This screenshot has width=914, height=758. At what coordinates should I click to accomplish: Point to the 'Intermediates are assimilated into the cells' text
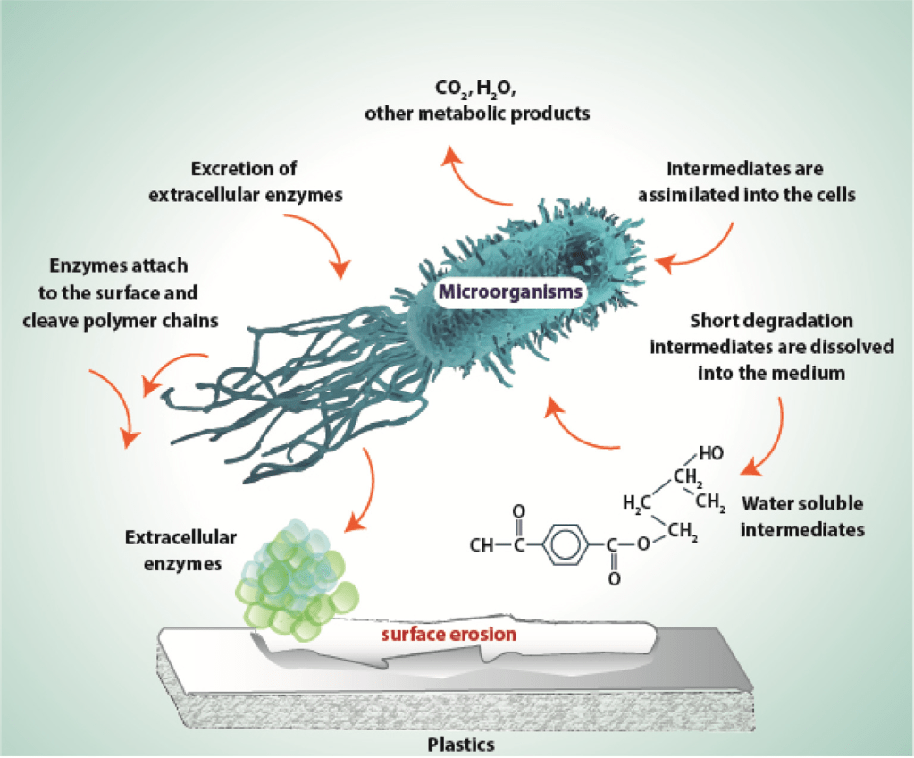pyautogui.click(x=760, y=181)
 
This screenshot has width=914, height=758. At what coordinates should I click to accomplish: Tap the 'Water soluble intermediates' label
pyautogui.click(x=803, y=516)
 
